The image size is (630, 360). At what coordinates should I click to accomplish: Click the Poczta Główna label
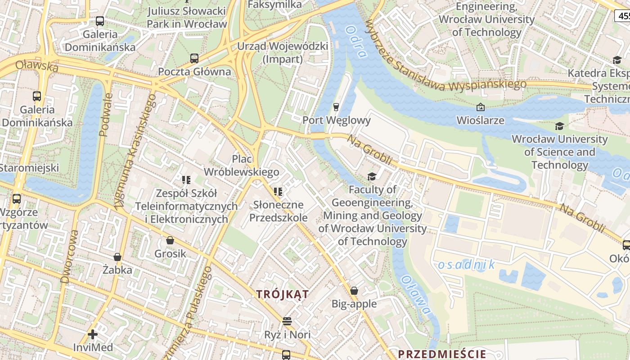(194, 72)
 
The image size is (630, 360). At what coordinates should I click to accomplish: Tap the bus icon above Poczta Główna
(194, 58)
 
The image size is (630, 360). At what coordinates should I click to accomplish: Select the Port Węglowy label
(337, 120)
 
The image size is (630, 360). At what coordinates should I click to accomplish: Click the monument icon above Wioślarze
(480, 107)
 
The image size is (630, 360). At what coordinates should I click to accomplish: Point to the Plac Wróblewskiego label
(242, 166)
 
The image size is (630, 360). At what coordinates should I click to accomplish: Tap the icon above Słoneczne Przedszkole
(278, 192)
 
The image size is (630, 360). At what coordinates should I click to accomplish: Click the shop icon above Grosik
(170, 241)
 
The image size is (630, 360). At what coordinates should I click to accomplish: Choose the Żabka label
(117, 270)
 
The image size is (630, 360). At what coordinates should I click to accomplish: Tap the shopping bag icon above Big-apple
(354, 291)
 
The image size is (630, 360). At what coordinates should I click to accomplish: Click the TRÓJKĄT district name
(283, 294)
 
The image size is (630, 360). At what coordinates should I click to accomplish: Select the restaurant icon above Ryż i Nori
(287, 321)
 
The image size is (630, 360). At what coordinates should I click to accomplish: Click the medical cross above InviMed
(93, 334)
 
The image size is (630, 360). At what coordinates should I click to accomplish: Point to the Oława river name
(415, 295)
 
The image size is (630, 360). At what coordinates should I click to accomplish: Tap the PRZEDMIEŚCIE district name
(442, 354)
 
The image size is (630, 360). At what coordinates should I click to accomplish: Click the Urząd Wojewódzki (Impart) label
(283, 53)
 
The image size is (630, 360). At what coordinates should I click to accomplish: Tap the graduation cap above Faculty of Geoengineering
(372, 176)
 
